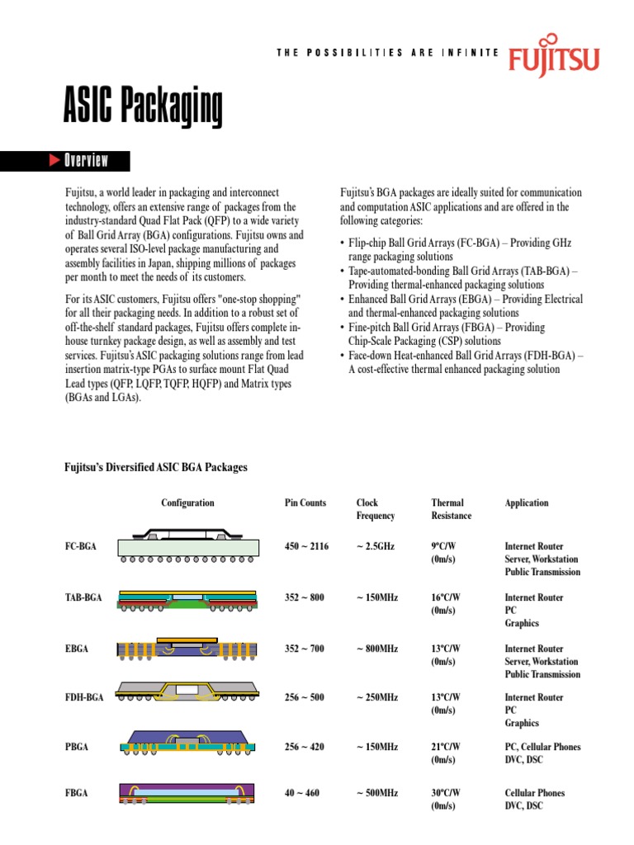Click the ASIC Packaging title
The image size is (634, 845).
click(x=144, y=108)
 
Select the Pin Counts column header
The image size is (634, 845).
click(x=305, y=503)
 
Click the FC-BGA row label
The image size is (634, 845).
click(x=80, y=546)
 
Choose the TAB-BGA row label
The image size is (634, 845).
click(x=83, y=597)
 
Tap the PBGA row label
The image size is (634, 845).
click(x=77, y=747)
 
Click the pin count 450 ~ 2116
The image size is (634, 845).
click(x=306, y=546)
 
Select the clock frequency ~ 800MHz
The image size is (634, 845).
click(x=377, y=649)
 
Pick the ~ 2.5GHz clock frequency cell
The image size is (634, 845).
click(x=376, y=546)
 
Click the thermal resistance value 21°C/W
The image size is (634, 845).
click(x=446, y=747)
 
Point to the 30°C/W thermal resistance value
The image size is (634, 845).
click(x=446, y=793)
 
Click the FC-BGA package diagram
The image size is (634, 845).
click(x=188, y=545)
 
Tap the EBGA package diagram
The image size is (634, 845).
click(x=188, y=649)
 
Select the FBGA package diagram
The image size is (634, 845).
click(x=188, y=793)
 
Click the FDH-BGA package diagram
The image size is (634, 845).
click(x=188, y=694)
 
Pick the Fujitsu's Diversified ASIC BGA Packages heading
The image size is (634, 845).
click(x=156, y=468)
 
